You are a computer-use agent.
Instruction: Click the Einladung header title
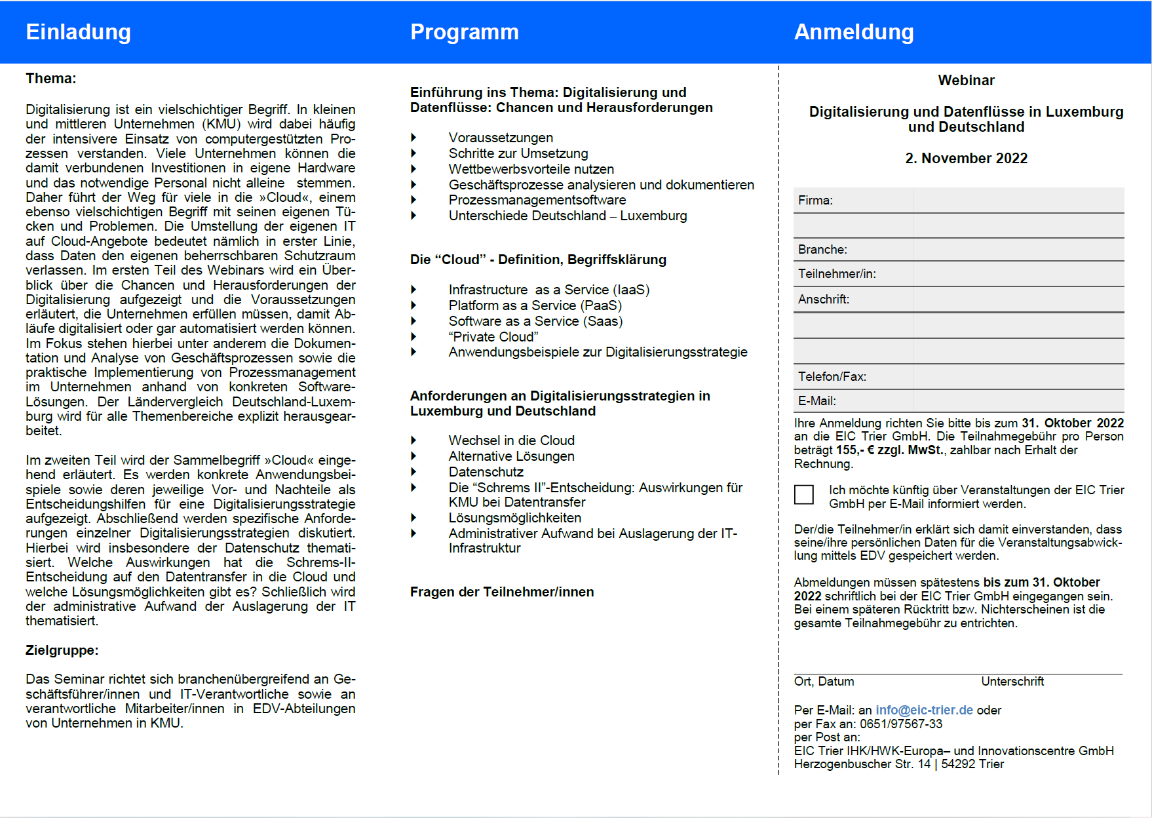click(x=78, y=32)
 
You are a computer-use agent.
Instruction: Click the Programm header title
click(x=464, y=32)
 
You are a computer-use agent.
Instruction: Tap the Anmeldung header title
click(x=853, y=32)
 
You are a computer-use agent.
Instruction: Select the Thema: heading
click(x=50, y=79)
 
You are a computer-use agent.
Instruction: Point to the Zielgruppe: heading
click(x=62, y=650)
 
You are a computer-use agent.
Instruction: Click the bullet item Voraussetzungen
click(x=501, y=138)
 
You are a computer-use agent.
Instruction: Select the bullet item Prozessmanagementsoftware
click(x=537, y=200)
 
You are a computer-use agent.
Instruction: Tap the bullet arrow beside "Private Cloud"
click(x=413, y=337)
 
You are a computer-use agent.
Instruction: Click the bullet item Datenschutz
click(x=486, y=472)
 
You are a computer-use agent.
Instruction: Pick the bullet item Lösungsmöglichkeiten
click(x=514, y=518)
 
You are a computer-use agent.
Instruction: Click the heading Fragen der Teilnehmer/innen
click(x=502, y=592)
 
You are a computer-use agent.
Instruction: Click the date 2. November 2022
click(x=966, y=159)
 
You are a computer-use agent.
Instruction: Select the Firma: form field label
click(x=815, y=201)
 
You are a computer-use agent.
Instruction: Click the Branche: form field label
click(x=822, y=250)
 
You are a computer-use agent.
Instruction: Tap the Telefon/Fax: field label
click(x=832, y=377)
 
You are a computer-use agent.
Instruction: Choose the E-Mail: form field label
click(x=816, y=401)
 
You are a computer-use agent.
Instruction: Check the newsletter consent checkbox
click(x=803, y=494)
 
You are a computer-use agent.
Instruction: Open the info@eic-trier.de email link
click(x=924, y=711)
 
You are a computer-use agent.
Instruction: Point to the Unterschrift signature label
click(x=1012, y=682)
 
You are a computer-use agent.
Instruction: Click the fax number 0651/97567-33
click(x=901, y=724)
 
